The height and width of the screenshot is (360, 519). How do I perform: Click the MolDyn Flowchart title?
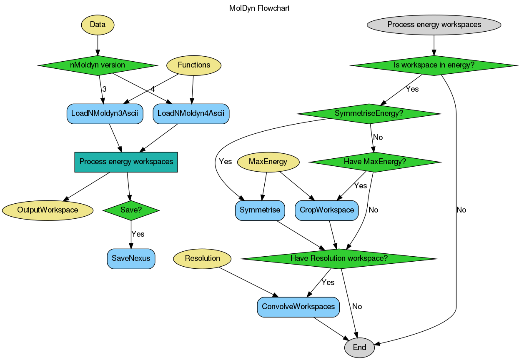[x=259, y=8]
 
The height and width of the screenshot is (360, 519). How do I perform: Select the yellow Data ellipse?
[x=98, y=25]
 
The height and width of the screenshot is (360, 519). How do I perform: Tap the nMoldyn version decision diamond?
[x=98, y=65]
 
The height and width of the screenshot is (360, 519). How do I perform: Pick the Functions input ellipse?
[x=194, y=65]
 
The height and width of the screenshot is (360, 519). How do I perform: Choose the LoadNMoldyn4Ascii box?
[x=191, y=113]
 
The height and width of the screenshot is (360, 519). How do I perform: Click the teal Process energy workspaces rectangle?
[x=126, y=162]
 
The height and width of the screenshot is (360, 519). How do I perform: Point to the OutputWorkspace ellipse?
[x=48, y=210]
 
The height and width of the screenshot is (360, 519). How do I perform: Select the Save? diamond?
[x=131, y=210]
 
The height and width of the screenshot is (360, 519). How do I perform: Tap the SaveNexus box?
[x=131, y=258]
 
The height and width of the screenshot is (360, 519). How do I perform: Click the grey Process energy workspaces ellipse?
[x=434, y=25]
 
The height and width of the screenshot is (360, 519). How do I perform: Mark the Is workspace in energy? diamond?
[x=434, y=65]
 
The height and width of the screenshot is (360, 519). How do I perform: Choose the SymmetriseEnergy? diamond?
[x=369, y=113]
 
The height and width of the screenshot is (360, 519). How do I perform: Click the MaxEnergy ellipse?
[x=268, y=162]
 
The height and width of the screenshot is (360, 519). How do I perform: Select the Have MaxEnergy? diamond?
[x=375, y=162]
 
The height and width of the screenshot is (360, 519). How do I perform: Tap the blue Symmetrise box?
[x=260, y=210]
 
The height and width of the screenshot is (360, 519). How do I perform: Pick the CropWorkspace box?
[x=327, y=210]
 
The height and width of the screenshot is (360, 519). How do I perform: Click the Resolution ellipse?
[x=202, y=258]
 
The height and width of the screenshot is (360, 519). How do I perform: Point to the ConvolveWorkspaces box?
[x=298, y=307]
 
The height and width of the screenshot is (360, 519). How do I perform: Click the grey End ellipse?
[x=359, y=347]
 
